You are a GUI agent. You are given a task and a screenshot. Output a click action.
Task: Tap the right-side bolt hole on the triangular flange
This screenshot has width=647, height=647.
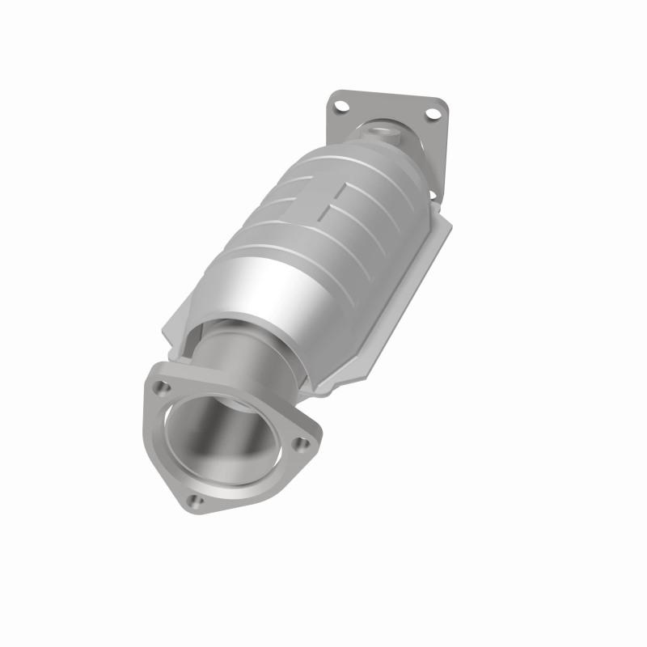coord(302,443)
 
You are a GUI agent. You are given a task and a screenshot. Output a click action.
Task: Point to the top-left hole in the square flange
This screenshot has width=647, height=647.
coord(341,106)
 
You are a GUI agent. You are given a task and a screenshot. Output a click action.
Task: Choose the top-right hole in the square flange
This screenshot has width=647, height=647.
coord(433,114)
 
